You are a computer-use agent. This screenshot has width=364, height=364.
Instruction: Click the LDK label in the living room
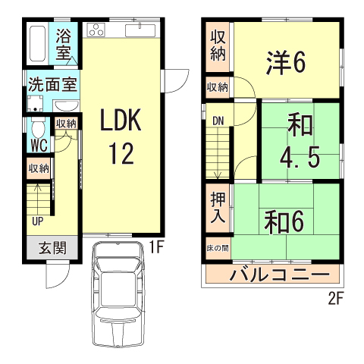tap(121, 121)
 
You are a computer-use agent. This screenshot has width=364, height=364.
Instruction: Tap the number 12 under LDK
tap(121, 153)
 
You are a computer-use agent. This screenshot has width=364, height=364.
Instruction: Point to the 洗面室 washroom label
tap(52, 83)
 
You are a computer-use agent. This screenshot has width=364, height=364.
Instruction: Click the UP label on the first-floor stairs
tap(37, 221)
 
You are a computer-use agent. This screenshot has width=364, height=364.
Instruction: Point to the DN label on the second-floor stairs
tap(218, 120)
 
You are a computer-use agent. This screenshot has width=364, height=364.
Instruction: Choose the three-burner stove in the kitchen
tap(97, 30)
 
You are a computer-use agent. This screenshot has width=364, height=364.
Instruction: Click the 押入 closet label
tap(218, 207)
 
